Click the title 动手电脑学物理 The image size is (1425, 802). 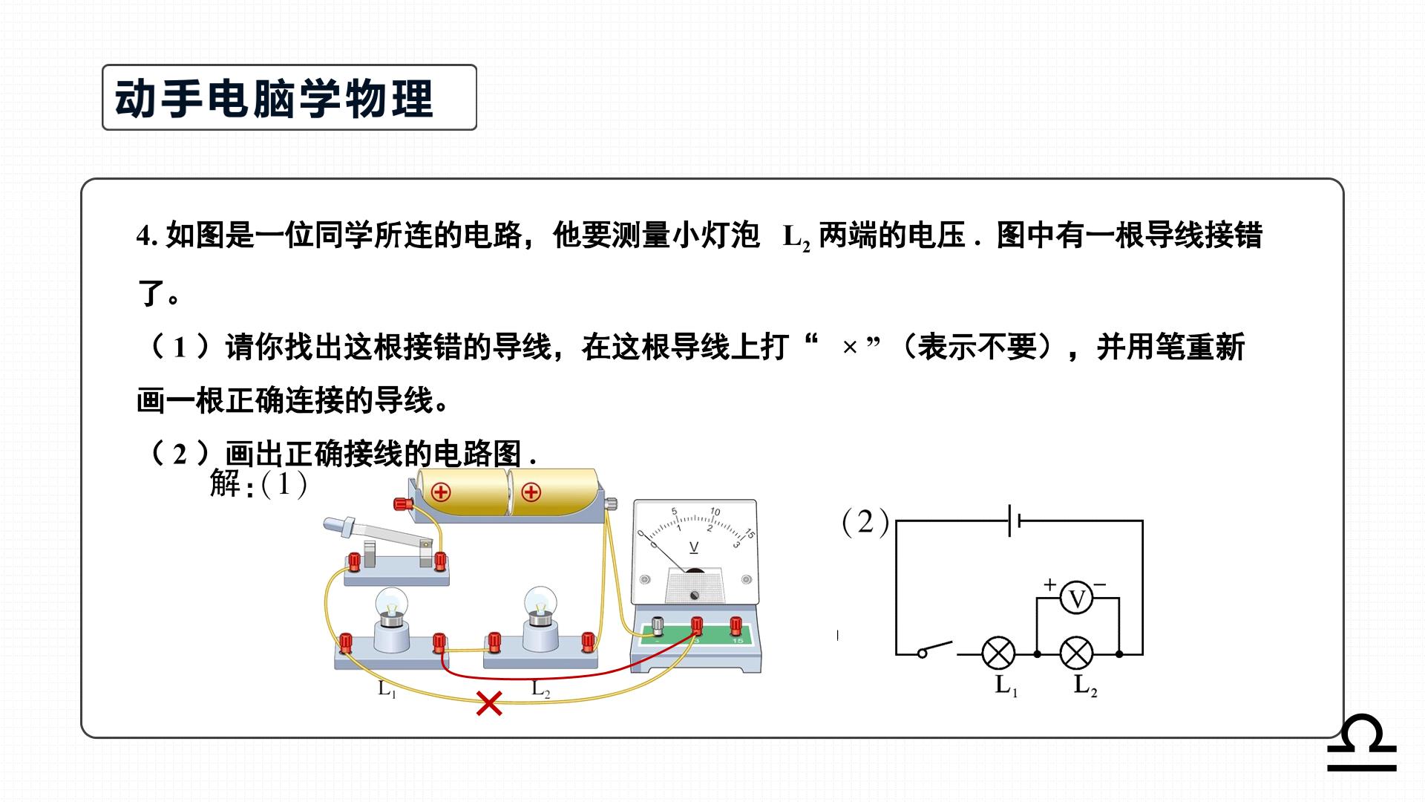pyautogui.click(x=274, y=98)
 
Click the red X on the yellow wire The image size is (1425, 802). pyautogui.click(x=489, y=703)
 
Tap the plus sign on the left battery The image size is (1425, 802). pyautogui.click(x=442, y=492)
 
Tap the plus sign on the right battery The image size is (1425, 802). pyautogui.click(x=531, y=492)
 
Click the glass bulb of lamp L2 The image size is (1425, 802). pyautogui.click(x=540, y=604)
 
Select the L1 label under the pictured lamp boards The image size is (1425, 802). pyautogui.click(x=387, y=689)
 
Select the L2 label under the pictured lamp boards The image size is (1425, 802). pyautogui.click(x=541, y=689)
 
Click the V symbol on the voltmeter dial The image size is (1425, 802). pyautogui.click(x=694, y=548)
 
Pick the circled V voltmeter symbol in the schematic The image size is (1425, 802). pyautogui.click(x=1076, y=599)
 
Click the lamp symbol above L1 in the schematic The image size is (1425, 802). pyautogui.click(x=999, y=653)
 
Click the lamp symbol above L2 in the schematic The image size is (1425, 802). pyautogui.click(x=1076, y=653)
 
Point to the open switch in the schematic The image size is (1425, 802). pyautogui.click(x=936, y=649)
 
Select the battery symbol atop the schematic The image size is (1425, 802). pyautogui.click(x=1015, y=521)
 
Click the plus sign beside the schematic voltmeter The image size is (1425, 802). pyautogui.click(x=1049, y=584)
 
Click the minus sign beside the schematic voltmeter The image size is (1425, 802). pyautogui.click(x=1100, y=584)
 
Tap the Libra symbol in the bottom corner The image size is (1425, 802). pyautogui.click(x=1362, y=743)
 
